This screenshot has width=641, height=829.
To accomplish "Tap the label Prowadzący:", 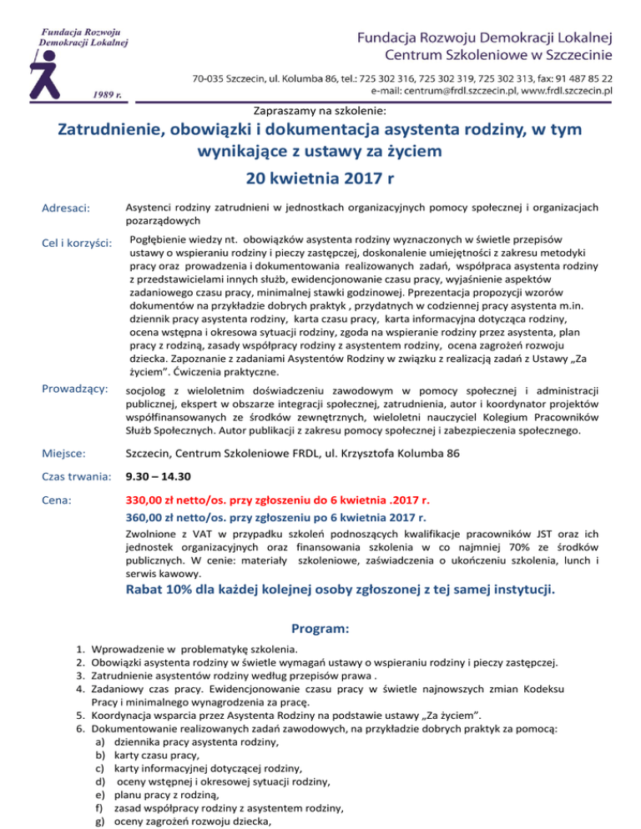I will coord(73,389).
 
